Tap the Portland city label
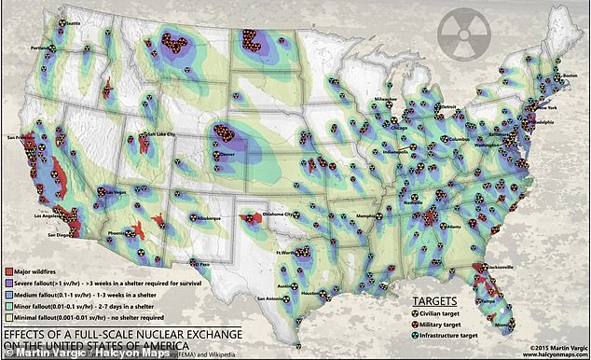[39, 48]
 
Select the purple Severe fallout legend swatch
[7, 283]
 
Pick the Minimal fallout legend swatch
[7, 319]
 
